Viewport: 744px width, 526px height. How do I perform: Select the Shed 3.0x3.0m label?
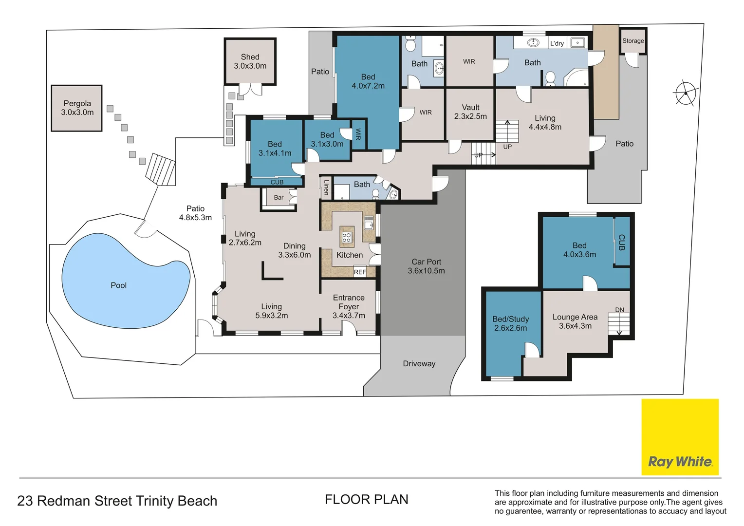pyautogui.click(x=250, y=61)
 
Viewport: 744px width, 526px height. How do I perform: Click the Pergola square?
pyautogui.click(x=77, y=108)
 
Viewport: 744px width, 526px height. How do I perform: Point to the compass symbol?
pyautogui.click(x=686, y=93)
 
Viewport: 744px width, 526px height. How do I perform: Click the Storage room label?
pyautogui.click(x=632, y=41)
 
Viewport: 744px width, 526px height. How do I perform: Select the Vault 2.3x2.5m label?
pyautogui.click(x=470, y=112)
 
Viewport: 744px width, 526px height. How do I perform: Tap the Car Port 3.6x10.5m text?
pyautogui.click(x=426, y=266)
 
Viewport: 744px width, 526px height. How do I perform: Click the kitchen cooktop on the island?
pyautogui.click(x=347, y=238)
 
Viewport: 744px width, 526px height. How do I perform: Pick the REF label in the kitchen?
pyautogui.click(x=360, y=272)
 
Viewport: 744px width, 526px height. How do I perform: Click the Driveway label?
pyautogui.click(x=419, y=364)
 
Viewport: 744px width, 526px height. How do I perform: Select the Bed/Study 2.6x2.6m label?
pyautogui.click(x=510, y=323)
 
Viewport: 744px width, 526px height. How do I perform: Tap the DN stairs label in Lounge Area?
pyautogui.click(x=619, y=310)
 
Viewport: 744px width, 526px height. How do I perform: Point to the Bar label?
pyautogui.click(x=279, y=198)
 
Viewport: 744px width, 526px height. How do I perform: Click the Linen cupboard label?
pyautogui.click(x=326, y=188)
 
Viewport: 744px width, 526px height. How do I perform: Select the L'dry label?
pyautogui.click(x=557, y=43)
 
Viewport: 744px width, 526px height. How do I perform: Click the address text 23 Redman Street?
pyautogui.click(x=117, y=501)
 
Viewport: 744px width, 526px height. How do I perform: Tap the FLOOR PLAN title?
pyautogui.click(x=366, y=500)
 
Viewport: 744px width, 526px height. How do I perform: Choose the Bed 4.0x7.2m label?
pyautogui.click(x=368, y=81)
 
